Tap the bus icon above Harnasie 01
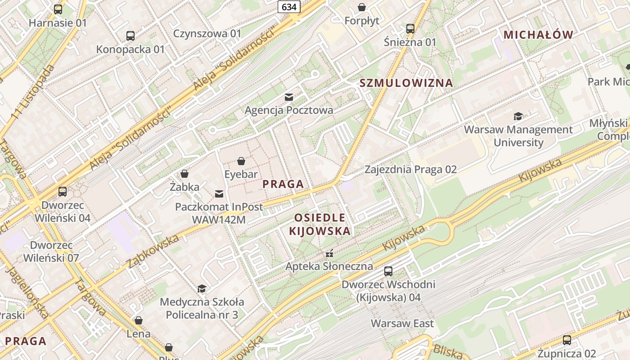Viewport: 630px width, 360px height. (58, 9)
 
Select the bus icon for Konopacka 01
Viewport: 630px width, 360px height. (130, 36)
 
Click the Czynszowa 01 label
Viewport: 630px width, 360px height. (207, 33)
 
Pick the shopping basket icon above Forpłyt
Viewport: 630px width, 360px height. (362, 7)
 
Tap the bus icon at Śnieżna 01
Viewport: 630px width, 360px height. (410, 29)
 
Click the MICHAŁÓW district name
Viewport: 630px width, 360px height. (538, 35)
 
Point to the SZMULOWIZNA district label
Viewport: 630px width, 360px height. (406, 83)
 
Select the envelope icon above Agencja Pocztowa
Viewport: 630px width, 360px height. (289, 97)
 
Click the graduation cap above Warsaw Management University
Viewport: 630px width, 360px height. (518, 117)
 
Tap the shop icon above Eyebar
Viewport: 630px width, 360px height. (241, 161)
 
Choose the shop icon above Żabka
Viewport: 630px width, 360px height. (184, 174)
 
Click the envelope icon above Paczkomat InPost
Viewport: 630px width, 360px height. (219, 194)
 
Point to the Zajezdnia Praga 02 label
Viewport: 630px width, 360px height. (410, 170)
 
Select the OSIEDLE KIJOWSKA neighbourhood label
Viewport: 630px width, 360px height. (319, 224)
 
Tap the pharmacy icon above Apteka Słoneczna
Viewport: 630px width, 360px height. (329, 253)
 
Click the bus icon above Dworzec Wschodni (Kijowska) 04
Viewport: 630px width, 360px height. (388, 271)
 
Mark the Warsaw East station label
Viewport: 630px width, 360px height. (402, 323)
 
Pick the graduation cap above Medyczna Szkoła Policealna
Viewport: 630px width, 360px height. (202, 288)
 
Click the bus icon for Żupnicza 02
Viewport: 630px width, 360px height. (567, 340)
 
